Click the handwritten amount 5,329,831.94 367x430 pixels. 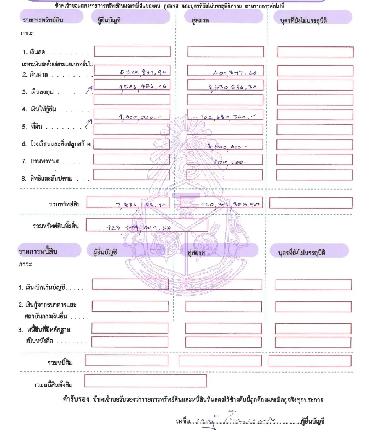point(143,72)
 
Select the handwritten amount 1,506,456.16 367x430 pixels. point(143,87)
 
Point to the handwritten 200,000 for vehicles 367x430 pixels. point(233,162)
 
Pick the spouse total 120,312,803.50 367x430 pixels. point(230,204)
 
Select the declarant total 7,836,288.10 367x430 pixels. point(141,205)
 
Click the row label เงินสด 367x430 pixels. point(37,52)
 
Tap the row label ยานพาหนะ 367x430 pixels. point(44,161)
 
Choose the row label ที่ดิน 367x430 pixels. point(36,126)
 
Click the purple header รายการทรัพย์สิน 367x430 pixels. point(43,20)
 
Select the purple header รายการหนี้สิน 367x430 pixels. point(38,252)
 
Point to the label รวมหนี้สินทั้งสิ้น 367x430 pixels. point(53,385)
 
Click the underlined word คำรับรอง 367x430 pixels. point(76,399)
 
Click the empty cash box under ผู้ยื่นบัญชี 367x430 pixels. point(132,52)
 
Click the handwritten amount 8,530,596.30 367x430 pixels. point(232,87)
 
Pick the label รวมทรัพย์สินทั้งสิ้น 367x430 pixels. point(56,226)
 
